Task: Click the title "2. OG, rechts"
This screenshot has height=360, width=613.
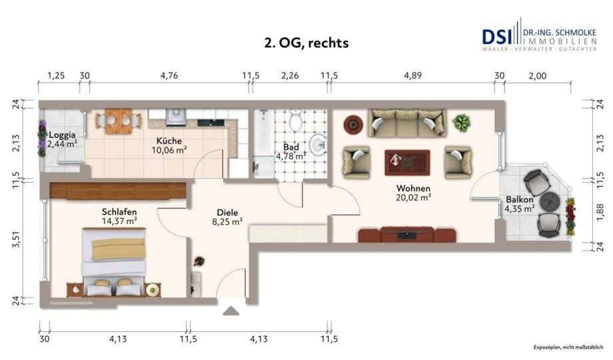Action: pos(306,43)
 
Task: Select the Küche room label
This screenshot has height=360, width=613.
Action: pos(169,141)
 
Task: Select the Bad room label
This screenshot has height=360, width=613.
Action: pos(291,147)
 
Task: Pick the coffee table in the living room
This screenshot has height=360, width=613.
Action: pos(406,161)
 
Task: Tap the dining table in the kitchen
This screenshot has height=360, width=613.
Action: pos(119,120)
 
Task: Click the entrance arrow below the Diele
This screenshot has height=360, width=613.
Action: pos(231,310)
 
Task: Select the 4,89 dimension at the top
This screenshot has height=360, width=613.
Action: pos(412,75)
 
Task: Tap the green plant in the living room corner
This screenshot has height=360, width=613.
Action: pos(461,122)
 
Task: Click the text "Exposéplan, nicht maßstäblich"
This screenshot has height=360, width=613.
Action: pos(567,347)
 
